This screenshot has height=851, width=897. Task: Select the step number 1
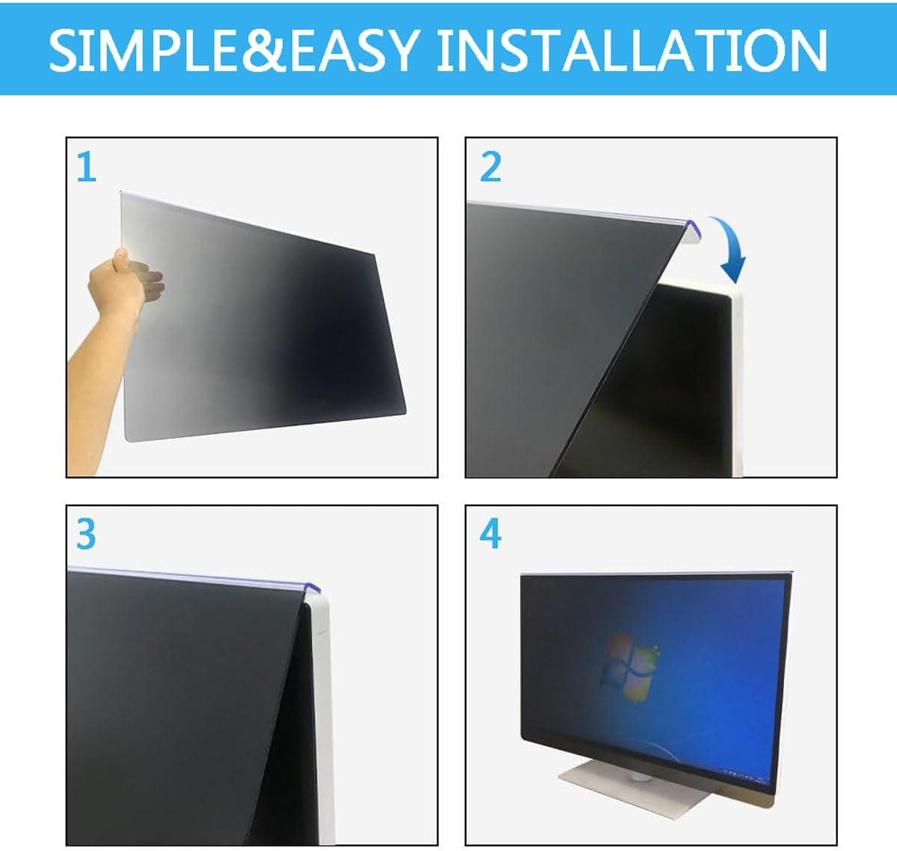click(87, 168)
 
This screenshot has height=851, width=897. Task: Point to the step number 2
click(490, 167)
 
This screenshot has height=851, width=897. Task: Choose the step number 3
click(86, 534)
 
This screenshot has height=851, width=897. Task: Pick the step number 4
click(490, 534)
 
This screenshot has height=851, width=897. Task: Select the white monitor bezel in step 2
click(736, 374)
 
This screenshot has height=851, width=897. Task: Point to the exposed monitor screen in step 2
click(665, 389)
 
